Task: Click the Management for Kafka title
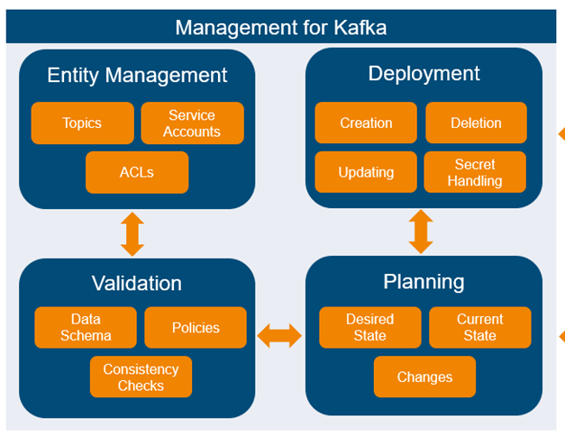coord(280,27)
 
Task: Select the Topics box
coord(82,123)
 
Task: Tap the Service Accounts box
coord(192,123)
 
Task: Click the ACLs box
coord(137,172)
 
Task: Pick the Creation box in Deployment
coord(366,123)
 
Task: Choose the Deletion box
coord(476,123)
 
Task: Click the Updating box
coord(366,172)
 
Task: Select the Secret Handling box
coord(476,172)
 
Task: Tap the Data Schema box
coord(86,328)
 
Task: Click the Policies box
coord(196,328)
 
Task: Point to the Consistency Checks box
coord(141,377)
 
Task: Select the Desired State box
coord(369,328)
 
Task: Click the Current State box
coord(479,328)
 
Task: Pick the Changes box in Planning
coord(424,377)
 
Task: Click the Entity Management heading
coord(137,75)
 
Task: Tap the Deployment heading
coord(424,74)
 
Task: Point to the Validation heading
coord(137,283)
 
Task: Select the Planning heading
coord(424,282)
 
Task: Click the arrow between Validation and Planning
coord(279,337)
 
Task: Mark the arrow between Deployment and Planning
coord(421,232)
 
